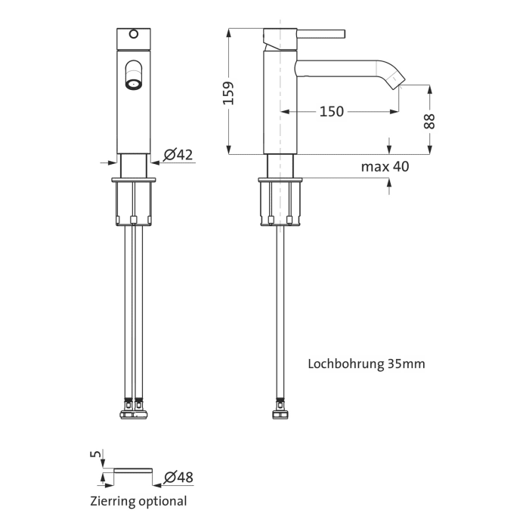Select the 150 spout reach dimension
click(331, 111)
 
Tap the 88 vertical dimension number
click(429, 121)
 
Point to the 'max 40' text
click(385, 166)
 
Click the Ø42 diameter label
click(178, 154)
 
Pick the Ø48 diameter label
click(178, 477)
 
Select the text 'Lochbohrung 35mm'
click(366, 363)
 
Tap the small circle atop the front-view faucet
click(135, 33)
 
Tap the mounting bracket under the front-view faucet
click(135, 203)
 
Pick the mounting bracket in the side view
click(281, 203)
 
